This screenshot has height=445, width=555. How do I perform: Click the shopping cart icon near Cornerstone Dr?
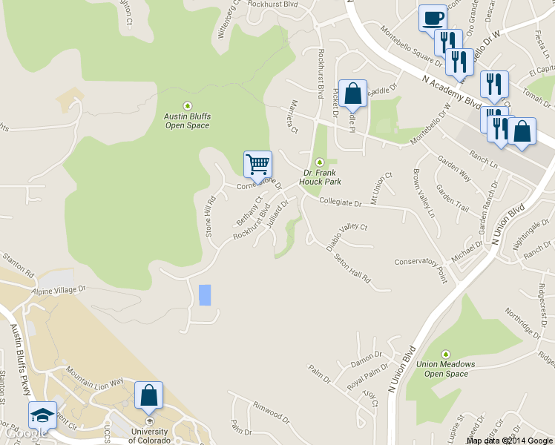point(257,164)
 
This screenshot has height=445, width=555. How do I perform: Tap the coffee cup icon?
point(432,18)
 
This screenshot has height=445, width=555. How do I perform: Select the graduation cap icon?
point(42,415)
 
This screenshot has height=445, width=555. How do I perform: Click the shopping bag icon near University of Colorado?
point(148,395)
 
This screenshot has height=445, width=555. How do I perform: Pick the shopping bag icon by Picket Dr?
point(352,93)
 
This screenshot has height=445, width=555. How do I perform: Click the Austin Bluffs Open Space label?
point(187,120)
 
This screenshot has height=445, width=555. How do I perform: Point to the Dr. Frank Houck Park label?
point(320,176)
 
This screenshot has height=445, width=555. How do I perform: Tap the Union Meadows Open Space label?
point(446,369)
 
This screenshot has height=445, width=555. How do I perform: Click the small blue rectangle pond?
point(204,294)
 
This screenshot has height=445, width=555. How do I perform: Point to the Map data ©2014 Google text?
point(509,440)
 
